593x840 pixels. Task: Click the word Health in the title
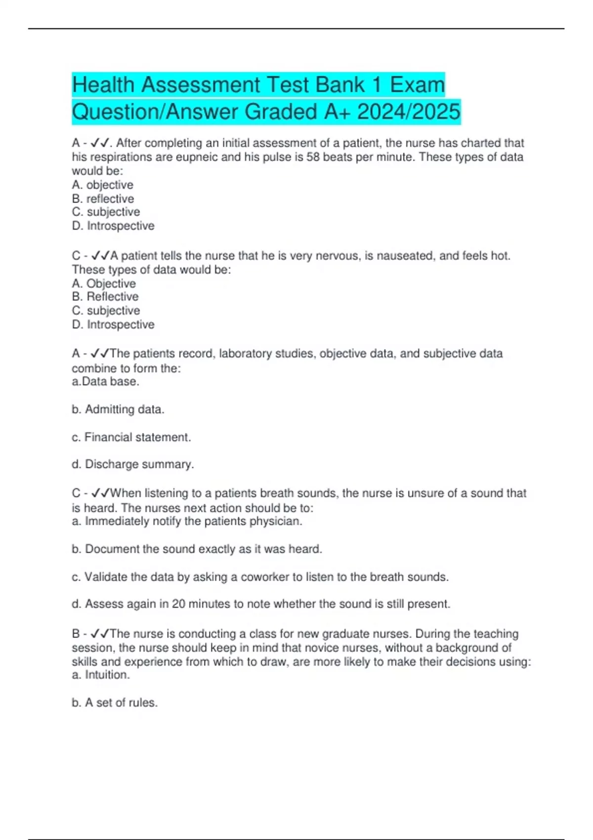103,85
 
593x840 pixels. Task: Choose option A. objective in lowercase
103,185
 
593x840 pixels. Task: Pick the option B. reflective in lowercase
103,199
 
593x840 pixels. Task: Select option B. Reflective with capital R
105,297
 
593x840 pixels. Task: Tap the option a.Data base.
105,381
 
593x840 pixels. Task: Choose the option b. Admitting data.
118,410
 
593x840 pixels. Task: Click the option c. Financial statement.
131,437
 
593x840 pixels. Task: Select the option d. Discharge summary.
132,464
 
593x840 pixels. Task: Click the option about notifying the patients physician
187,521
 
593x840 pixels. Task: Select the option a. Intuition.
101,675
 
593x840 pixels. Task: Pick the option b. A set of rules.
115,703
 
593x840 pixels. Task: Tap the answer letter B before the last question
76,634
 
